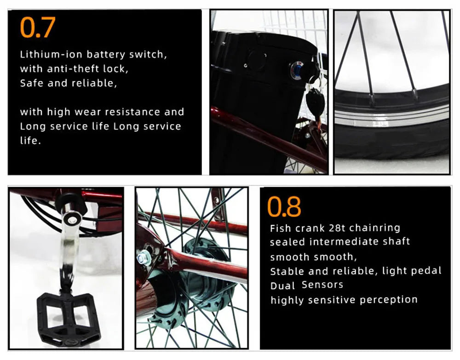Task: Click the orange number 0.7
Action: pos(38,27)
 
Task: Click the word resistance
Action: pos(132,112)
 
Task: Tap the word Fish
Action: pos(281,228)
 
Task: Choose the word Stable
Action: pos(287,271)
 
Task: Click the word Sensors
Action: pos(322,285)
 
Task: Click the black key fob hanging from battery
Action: pos(315,101)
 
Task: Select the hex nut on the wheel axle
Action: pos(144,258)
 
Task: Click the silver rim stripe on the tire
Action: pos(391,116)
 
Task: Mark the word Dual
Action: pos(282,286)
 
